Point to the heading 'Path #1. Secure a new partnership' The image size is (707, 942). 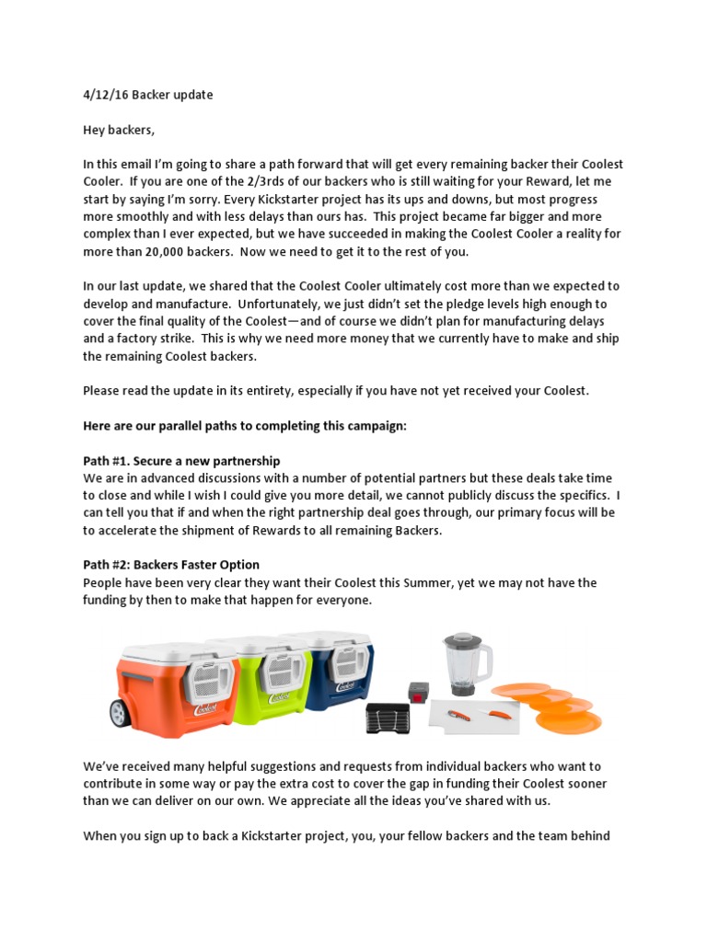pos(181,460)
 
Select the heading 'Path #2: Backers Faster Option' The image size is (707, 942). pos(171,565)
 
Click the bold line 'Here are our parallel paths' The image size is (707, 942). pos(244,425)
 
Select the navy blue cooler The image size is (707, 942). pos(345,672)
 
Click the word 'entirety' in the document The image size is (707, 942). pos(287,391)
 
